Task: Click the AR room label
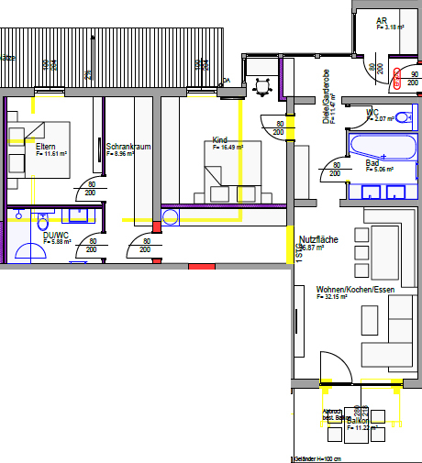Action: coord(381,20)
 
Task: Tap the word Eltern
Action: coord(46,147)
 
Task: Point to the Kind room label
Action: coord(219,140)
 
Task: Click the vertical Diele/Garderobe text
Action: coord(326,95)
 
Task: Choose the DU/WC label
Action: coord(56,235)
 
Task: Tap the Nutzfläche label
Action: coord(318,239)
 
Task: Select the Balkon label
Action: coord(371,420)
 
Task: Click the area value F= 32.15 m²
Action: coord(337,297)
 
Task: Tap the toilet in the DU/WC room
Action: coord(43,222)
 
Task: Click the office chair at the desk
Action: coord(264,86)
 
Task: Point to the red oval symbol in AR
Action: coord(397,78)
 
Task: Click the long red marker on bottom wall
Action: coord(201,266)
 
